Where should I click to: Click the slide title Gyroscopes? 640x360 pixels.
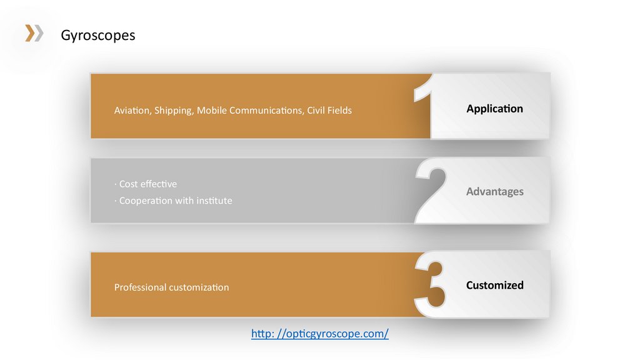(x=97, y=35)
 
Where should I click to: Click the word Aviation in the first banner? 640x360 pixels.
(x=132, y=111)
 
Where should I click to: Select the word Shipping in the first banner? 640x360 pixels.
(x=174, y=111)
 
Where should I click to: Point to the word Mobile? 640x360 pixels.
(x=211, y=111)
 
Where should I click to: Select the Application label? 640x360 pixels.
(x=494, y=109)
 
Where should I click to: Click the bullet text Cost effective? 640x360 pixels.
(x=147, y=184)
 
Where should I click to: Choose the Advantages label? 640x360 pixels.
(x=494, y=191)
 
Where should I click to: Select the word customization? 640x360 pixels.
(x=199, y=287)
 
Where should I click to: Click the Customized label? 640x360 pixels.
(x=494, y=285)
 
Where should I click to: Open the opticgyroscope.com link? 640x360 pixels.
(x=320, y=334)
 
